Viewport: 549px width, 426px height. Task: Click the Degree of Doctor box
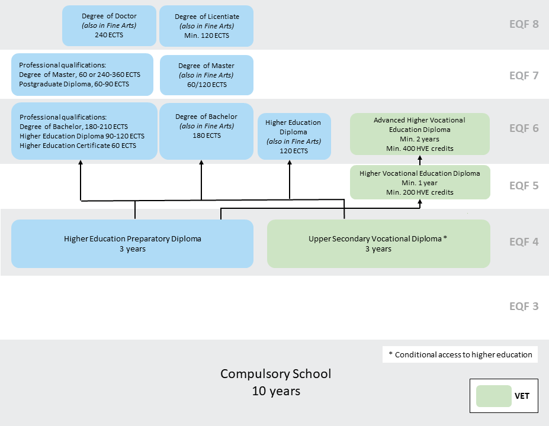(109, 26)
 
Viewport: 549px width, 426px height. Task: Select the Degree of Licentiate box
(206, 26)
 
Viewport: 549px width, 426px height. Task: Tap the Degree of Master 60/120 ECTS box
(206, 75)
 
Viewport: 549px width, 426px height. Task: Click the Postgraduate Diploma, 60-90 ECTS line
(74, 84)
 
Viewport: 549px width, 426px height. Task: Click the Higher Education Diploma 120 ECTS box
(294, 137)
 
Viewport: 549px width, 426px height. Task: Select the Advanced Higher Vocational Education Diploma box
(419, 134)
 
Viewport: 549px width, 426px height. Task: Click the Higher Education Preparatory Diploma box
(132, 244)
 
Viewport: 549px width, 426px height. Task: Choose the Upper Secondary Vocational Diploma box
(378, 244)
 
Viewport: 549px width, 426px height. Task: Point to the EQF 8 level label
(524, 25)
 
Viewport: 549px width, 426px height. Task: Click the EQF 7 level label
(524, 76)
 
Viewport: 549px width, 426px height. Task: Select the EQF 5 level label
(524, 186)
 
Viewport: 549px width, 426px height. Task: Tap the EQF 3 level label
(524, 306)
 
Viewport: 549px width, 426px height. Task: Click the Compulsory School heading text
(275, 374)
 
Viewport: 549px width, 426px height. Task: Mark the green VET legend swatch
(493, 396)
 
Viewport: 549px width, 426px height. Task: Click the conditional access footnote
(460, 355)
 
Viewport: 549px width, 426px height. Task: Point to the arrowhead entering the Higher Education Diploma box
(290, 164)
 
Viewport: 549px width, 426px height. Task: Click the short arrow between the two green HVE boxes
(419, 162)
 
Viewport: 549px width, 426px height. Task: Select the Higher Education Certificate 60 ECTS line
(78, 146)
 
